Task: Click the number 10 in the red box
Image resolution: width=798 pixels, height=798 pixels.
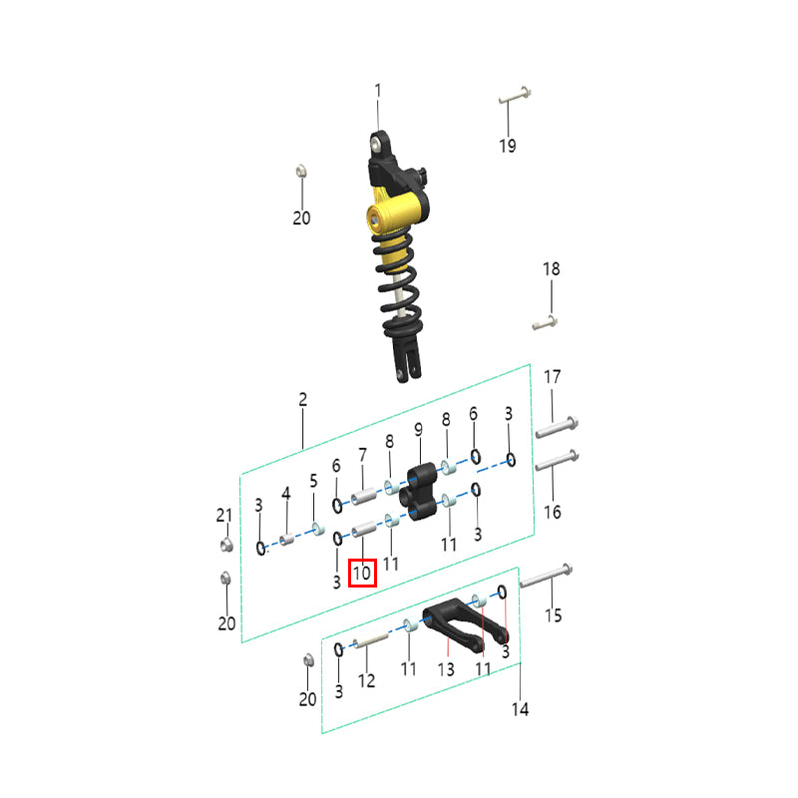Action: (362, 573)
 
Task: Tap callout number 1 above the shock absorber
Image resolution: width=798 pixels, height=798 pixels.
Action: (378, 91)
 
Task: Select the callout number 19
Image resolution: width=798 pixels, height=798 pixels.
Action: (508, 146)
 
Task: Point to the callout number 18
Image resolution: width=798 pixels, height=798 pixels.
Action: (552, 268)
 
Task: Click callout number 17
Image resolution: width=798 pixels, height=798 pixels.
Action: (553, 377)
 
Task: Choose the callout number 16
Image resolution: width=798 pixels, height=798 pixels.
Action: (553, 512)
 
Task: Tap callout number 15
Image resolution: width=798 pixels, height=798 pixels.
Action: (554, 615)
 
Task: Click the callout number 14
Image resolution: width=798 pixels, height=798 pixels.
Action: (520, 709)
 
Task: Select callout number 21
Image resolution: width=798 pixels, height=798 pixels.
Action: (224, 515)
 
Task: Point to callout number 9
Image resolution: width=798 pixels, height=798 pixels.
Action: (418, 430)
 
